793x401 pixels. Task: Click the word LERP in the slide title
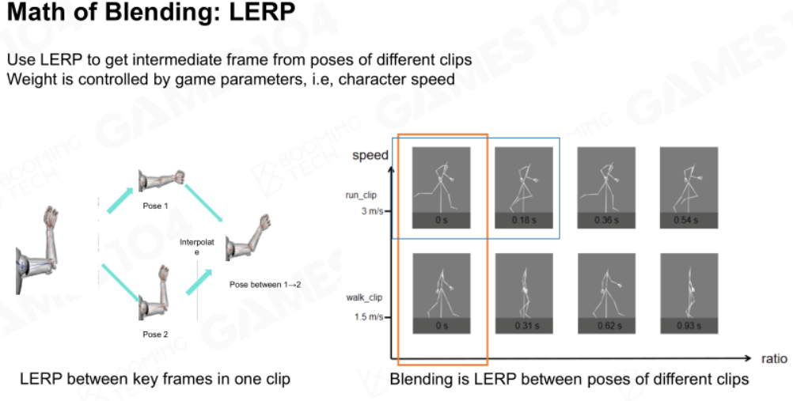click(x=262, y=12)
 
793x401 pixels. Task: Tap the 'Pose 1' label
click(x=155, y=206)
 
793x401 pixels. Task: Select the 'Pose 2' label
click(x=155, y=335)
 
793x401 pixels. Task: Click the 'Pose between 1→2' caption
click(x=265, y=285)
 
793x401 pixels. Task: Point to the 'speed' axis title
click(x=370, y=155)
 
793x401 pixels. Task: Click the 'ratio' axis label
click(x=774, y=358)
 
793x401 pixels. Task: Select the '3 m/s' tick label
click(x=372, y=211)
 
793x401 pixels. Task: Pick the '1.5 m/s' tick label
click(x=369, y=317)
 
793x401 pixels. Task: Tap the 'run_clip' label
click(x=361, y=195)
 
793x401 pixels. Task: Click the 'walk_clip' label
click(x=364, y=297)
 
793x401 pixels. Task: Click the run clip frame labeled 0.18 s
click(x=523, y=187)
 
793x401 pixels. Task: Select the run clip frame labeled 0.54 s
click(x=689, y=187)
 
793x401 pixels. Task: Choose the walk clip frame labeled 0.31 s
click(x=524, y=293)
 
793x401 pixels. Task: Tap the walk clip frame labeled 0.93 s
click(x=689, y=293)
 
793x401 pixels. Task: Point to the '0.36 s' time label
click(x=606, y=221)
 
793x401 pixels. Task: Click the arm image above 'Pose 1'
click(x=161, y=181)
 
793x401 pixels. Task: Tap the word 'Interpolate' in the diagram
click(x=197, y=247)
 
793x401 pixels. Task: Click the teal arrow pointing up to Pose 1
click(x=120, y=201)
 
